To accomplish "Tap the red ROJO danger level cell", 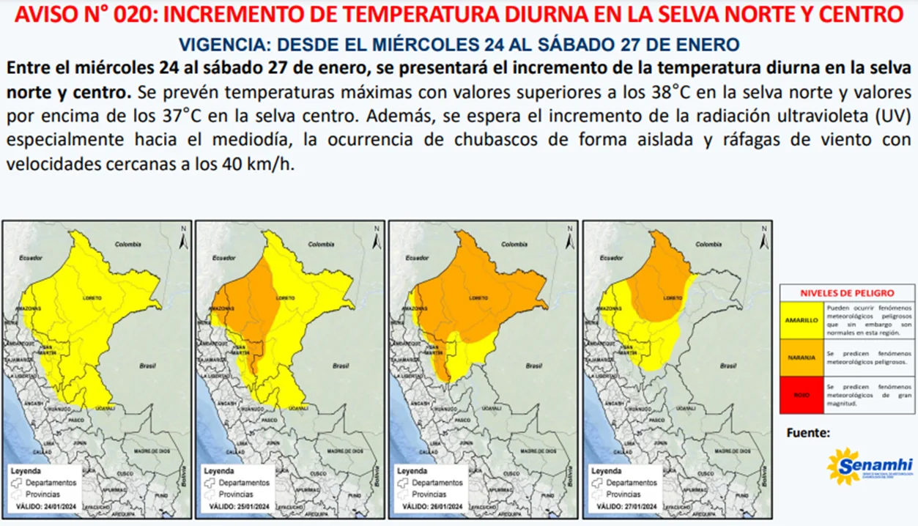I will [x=802, y=395].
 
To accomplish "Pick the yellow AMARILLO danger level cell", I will [x=802, y=320].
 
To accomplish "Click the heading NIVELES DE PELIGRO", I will [x=847, y=292].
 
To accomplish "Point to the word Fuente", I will [x=808, y=433].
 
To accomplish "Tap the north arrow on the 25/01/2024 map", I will [x=376, y=236].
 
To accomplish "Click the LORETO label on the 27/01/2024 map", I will [x=667, y=298].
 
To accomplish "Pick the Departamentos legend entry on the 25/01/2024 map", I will [x=244, y=483].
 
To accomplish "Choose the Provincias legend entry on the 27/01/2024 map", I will [x=628, y=494].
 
